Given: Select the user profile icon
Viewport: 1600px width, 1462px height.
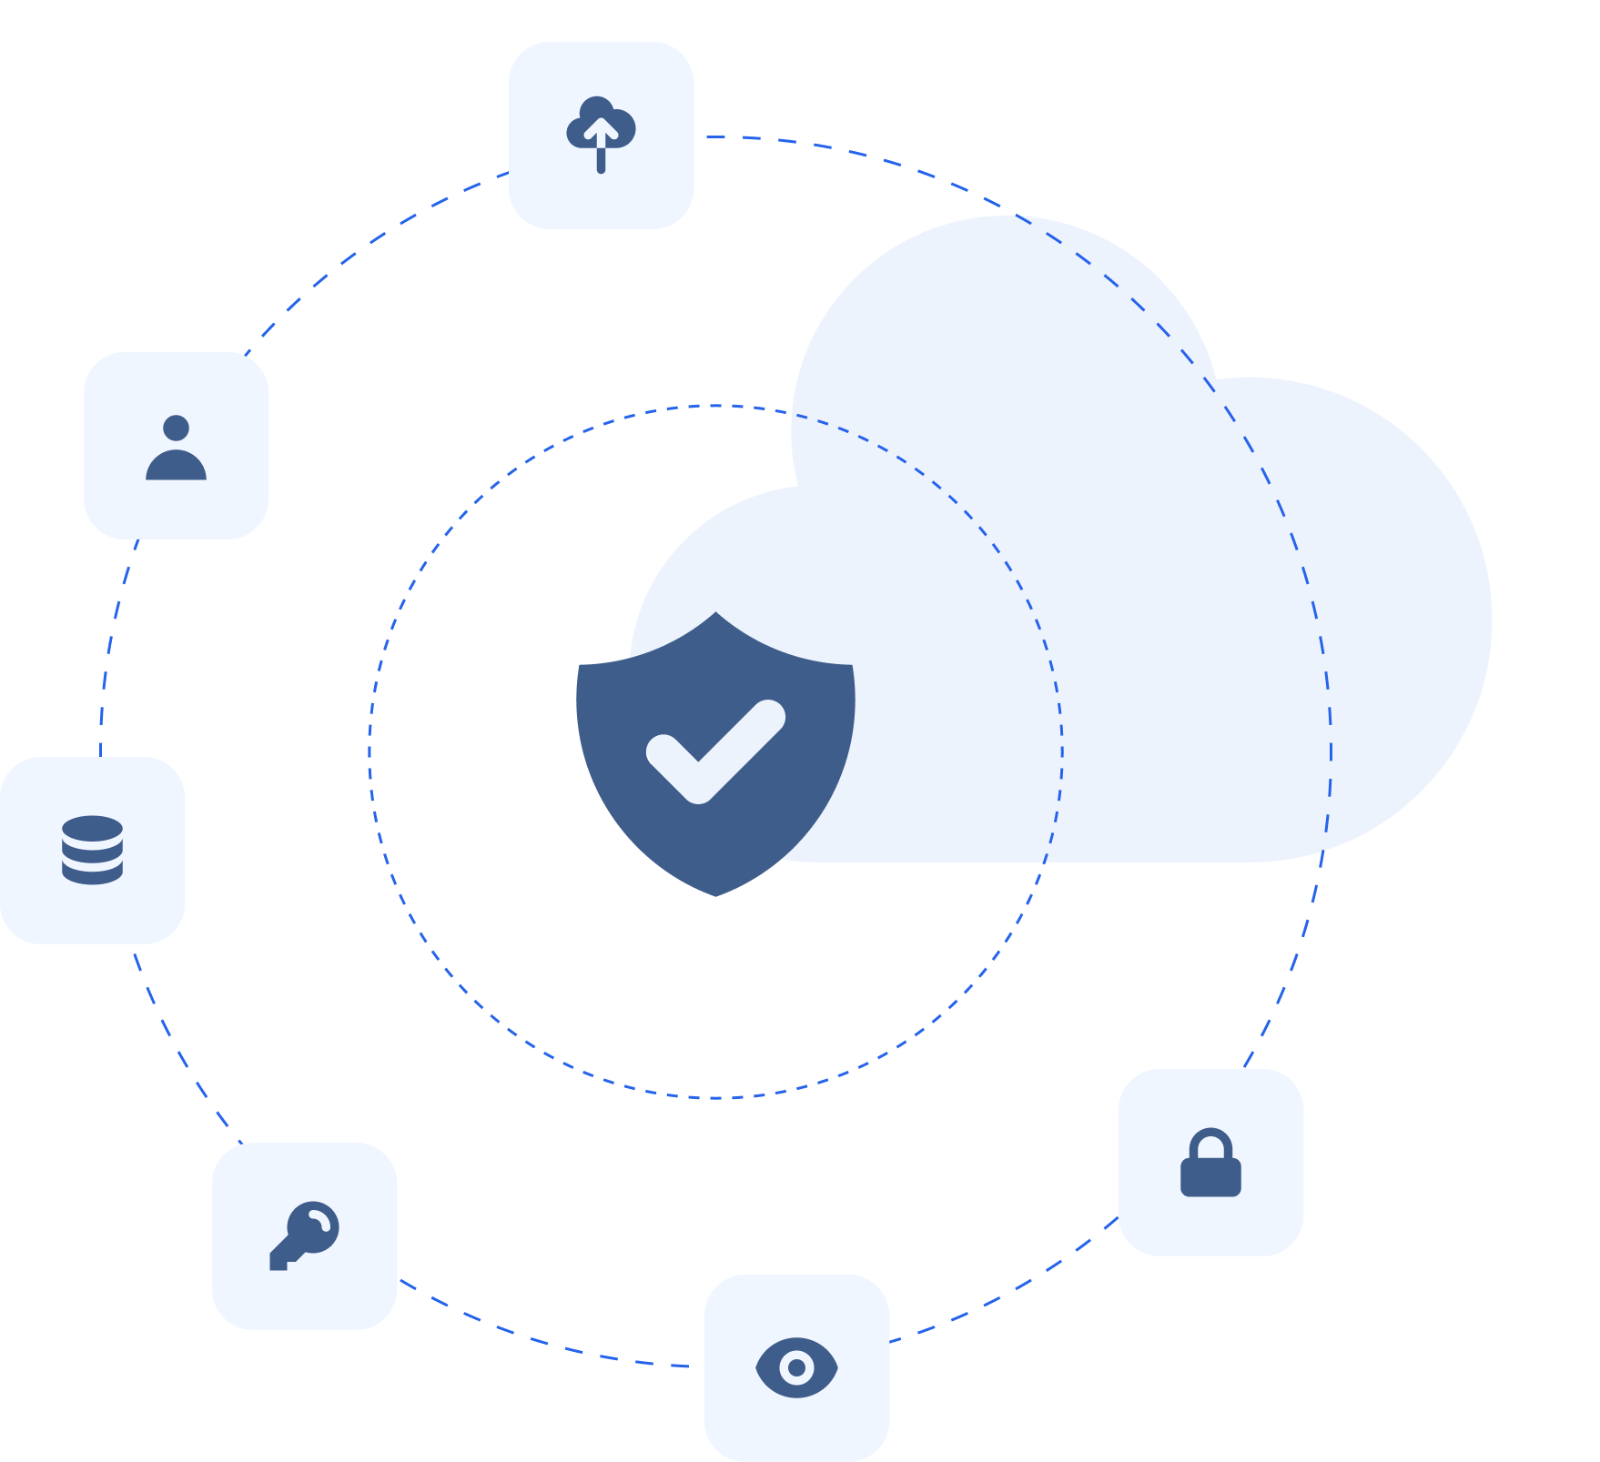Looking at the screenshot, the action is (176, 447).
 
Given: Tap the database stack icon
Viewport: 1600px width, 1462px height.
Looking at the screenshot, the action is (92, 850).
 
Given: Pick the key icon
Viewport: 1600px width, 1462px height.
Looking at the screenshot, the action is (304, 1235).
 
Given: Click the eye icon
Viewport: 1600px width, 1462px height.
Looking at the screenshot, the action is (796, 1366).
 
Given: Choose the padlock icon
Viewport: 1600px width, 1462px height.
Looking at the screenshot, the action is (1210, 1163).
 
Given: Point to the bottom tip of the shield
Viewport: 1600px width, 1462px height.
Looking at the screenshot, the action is (716, 894).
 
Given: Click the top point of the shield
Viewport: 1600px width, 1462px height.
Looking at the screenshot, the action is (716, 614).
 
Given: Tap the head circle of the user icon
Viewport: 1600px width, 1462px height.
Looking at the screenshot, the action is (176, 428).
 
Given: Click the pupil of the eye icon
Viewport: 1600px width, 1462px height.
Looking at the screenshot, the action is (796, 1366).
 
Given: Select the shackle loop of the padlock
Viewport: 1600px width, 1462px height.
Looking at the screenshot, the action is (1210, 1143).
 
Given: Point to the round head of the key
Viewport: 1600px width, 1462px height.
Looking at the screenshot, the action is (315, 1226).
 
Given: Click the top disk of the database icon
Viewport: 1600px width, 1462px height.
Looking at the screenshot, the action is (92, 830).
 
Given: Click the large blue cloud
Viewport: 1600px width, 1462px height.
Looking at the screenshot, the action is (1138, 591).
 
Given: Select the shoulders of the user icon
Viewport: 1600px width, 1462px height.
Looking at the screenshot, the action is (176, 466).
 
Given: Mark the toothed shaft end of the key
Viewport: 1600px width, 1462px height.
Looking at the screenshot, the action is (278, 1260).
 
